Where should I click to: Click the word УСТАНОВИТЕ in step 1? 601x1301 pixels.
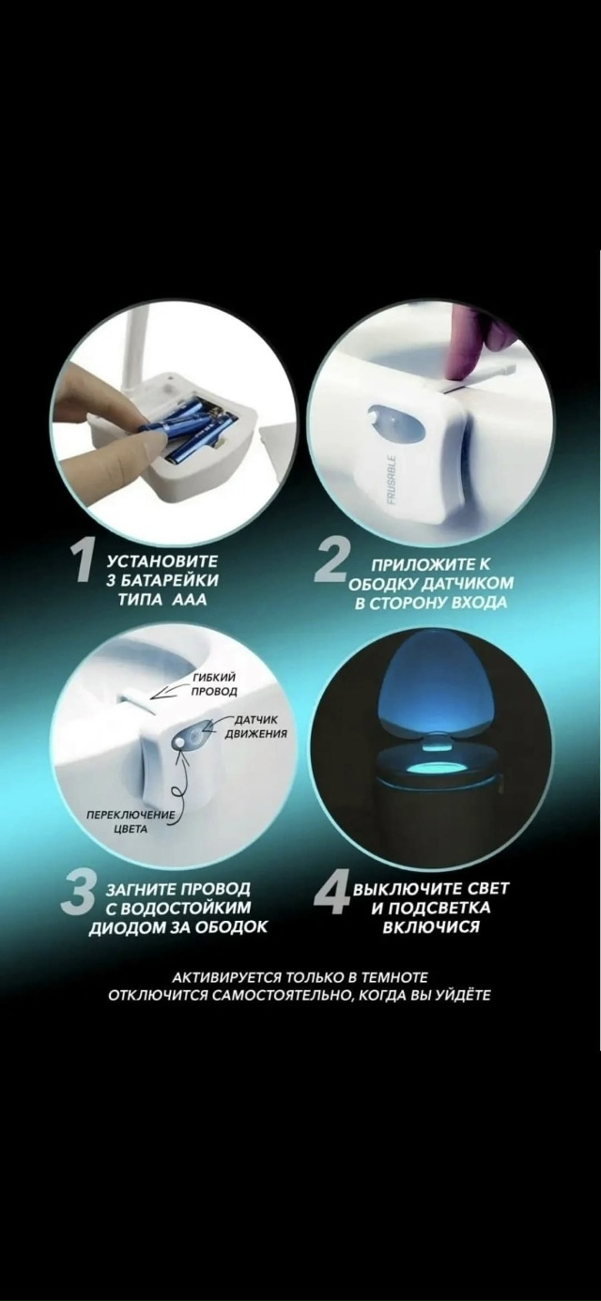pos(162,561)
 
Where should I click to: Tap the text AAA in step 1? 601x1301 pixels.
pos(190,600)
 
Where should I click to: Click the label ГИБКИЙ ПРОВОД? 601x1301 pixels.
pos(214,684)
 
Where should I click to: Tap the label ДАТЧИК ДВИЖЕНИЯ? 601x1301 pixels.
pos(255,727)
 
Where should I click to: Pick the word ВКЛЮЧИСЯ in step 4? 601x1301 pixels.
pos(431,926)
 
